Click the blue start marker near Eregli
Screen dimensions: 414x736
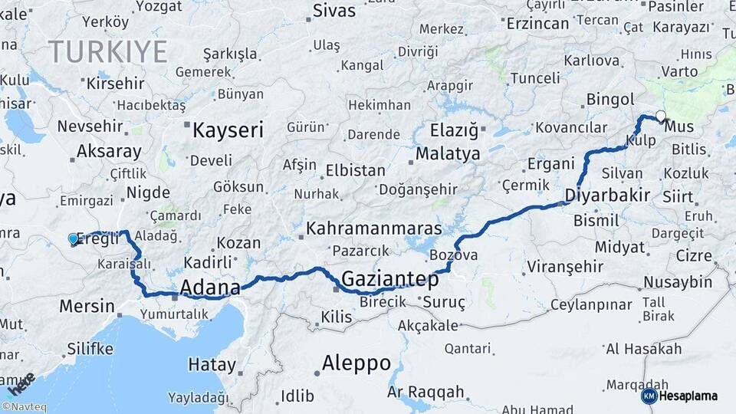coord(74,238)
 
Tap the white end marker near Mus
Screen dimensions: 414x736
coord(661,116)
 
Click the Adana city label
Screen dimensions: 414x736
coord(209,287)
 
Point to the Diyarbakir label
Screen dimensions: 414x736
coord(606,194)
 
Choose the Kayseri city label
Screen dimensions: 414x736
coord(228,130)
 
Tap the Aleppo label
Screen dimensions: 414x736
coord(356,362)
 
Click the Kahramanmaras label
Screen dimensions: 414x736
coord(373,228)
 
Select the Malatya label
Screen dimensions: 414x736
coord(448,153)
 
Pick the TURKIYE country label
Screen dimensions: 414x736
coord(107,51)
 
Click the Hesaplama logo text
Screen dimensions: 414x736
coord(688,396)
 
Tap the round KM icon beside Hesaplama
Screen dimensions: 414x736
coord(649,396)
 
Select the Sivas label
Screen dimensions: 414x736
coord(334,11)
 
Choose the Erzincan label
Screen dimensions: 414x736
coord(537,24)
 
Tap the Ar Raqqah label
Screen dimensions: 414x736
coord(426,392)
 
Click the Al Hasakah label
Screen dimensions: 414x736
coord(643,349)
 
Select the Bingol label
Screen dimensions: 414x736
coord(610,99)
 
